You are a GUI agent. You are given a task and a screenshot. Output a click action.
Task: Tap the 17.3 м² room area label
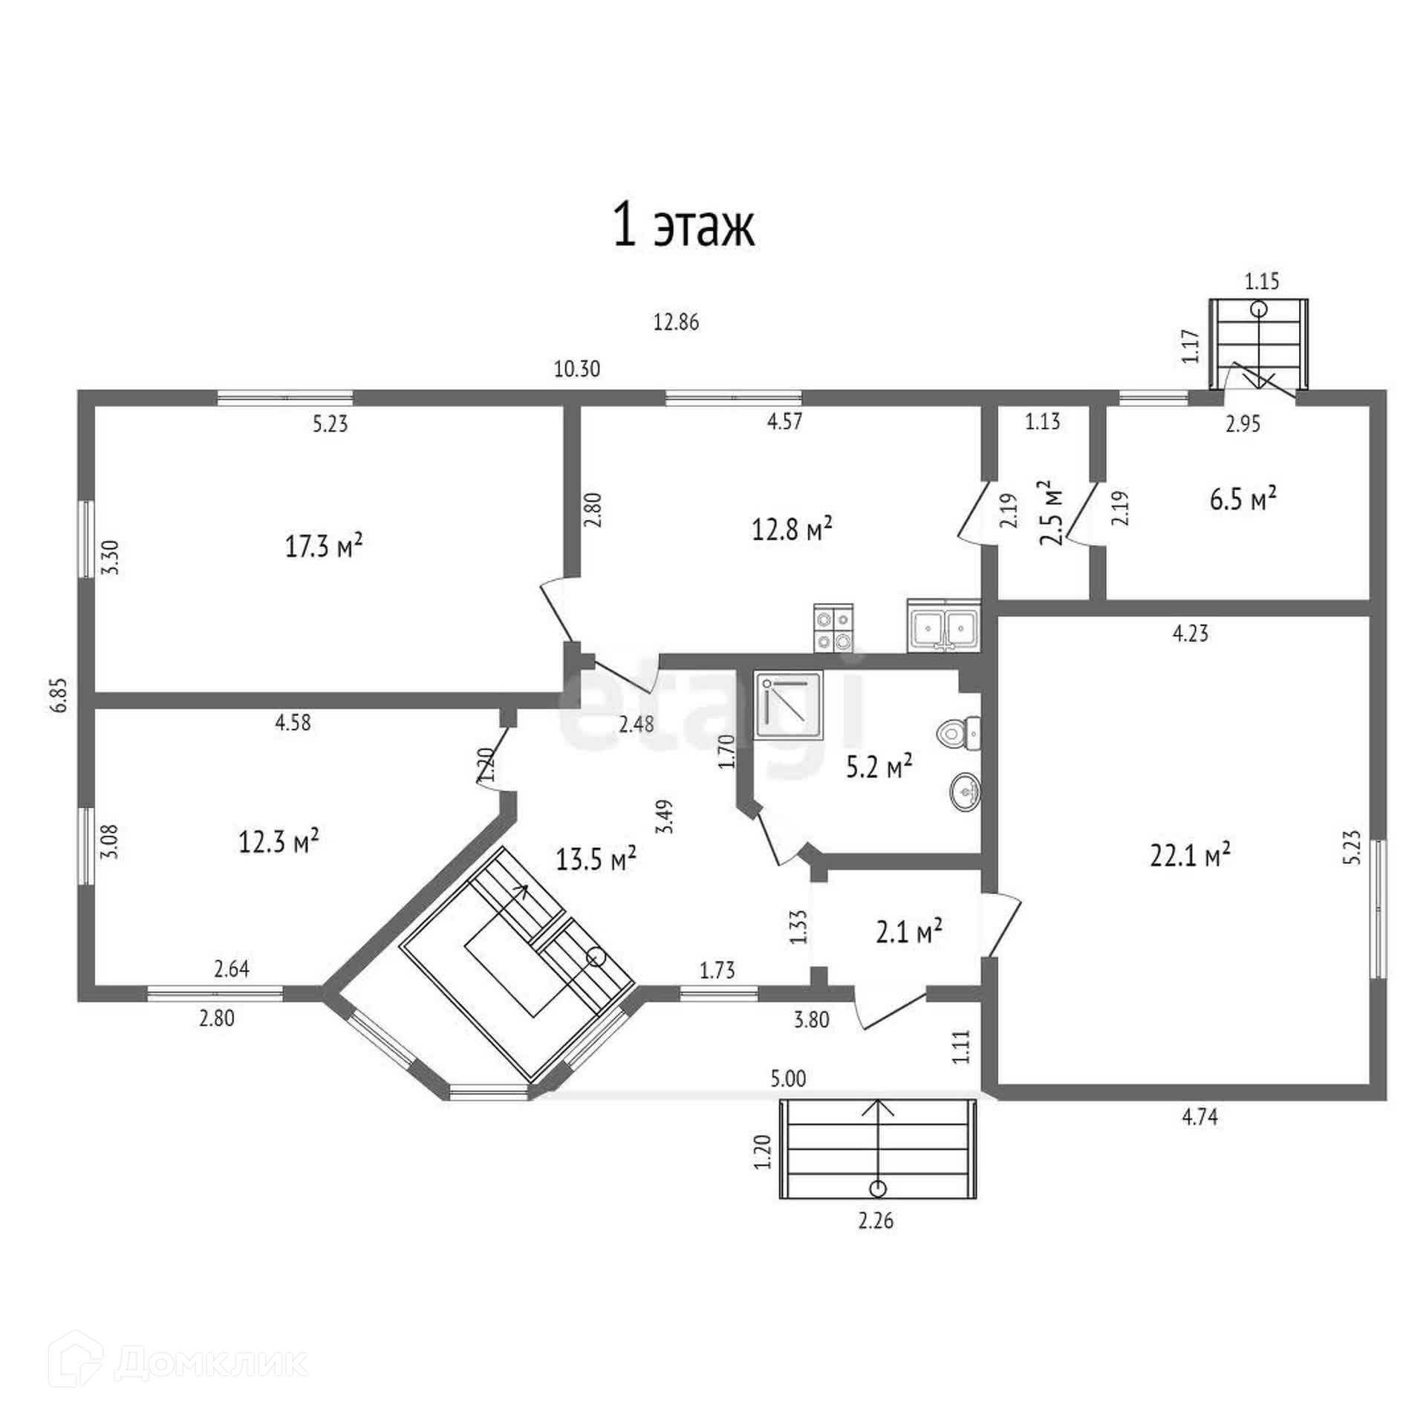(324, 547)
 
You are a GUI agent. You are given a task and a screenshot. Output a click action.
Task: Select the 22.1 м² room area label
(1190, 855)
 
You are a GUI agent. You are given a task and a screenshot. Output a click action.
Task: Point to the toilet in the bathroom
(959, 734)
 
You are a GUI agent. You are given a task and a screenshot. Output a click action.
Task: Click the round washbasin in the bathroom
(965, 792)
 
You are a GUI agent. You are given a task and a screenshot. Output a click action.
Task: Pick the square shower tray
(789, 706)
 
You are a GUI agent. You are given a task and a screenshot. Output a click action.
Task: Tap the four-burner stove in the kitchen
(833, 628)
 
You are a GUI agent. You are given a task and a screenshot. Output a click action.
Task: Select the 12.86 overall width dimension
(676, 323)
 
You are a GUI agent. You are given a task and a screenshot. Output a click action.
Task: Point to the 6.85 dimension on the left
(59, 694)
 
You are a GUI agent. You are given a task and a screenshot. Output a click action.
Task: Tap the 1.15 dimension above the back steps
(1263, 282)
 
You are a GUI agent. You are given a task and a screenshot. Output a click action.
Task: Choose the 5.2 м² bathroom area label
(879, 767)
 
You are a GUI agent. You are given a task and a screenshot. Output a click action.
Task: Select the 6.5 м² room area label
(1243, 498)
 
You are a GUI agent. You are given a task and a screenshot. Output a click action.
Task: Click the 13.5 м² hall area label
(596, 859)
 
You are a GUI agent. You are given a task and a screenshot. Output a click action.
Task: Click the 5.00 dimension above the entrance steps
(788, 1078)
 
